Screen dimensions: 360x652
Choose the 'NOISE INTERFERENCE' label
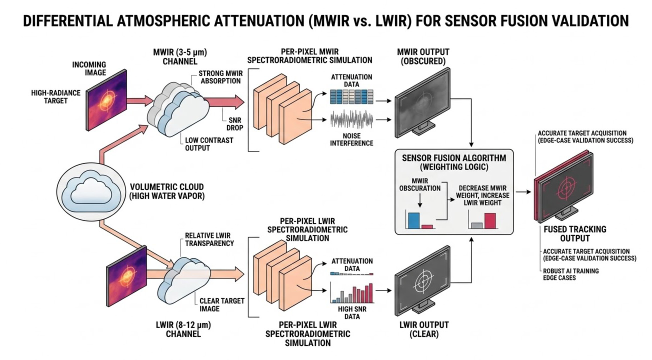(351, 139)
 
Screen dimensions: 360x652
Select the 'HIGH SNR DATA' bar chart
(351, 293)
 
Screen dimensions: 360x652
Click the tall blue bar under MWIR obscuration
(413, 220)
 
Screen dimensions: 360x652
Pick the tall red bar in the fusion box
(489, 220)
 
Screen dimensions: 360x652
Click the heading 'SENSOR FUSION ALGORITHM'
(454, 157)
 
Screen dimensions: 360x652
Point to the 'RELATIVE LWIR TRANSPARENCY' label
(209, 239)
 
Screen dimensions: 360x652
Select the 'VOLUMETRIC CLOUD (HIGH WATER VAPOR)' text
(167, 191)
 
